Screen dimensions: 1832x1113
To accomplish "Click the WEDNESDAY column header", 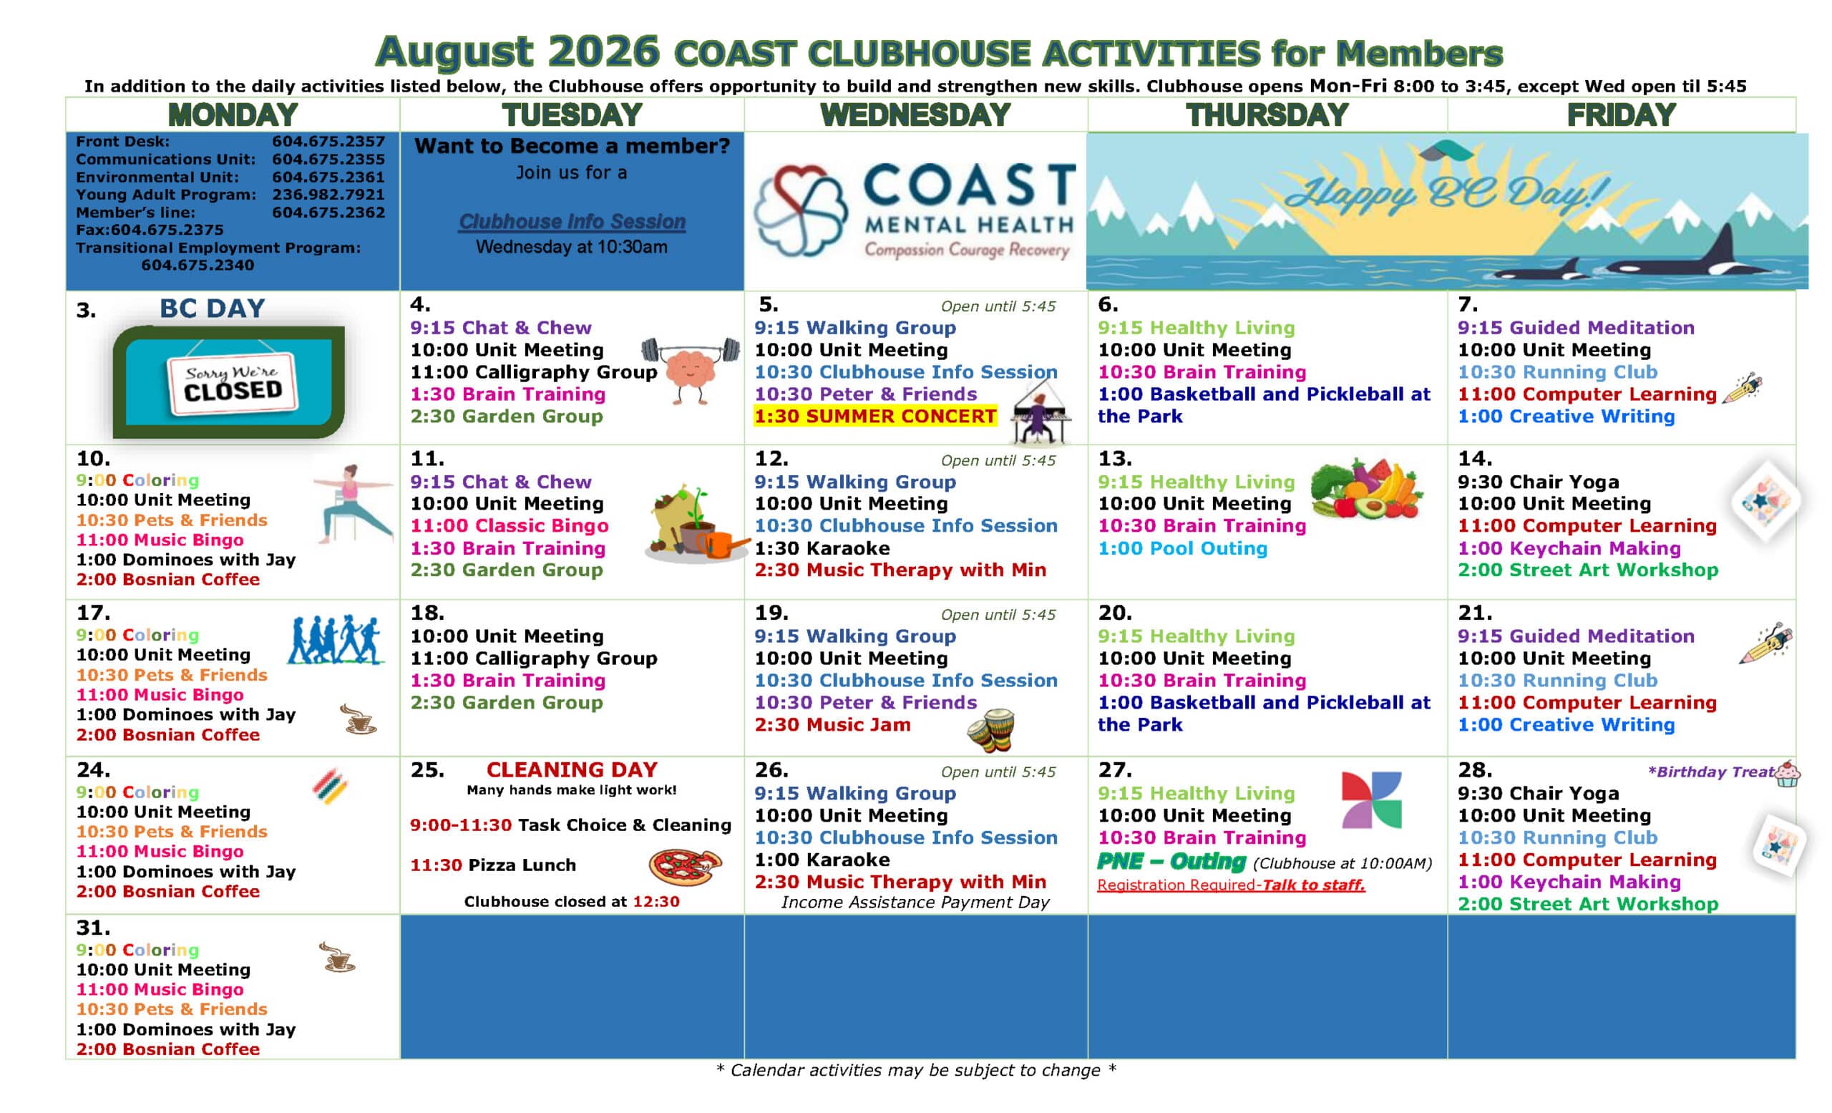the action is pos(915,115).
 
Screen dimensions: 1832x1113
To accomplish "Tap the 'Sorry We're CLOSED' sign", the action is pos(232,382).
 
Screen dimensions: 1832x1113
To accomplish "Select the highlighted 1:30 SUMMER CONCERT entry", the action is pos(875,417).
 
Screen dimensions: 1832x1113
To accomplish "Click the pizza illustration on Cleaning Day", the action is pos(685,867).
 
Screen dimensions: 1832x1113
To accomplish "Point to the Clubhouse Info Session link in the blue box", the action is pos(572,222).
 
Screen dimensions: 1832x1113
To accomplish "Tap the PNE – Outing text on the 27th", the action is pos(1171,862).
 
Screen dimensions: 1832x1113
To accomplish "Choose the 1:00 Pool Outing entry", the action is pos(1182,549).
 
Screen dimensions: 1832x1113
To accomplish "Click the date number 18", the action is pos(427,613).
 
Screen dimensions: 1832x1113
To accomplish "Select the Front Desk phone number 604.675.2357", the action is pos(328,141).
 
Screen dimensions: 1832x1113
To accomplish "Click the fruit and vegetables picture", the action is pos(1367,488).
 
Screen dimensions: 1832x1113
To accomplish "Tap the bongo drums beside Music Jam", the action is pos(991,730).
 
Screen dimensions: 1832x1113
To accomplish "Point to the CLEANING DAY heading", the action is pos(572,769).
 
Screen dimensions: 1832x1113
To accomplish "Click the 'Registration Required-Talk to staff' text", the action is pos(1230,885).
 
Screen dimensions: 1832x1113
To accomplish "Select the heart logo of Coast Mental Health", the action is pos(800,210).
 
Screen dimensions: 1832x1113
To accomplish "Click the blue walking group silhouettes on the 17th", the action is pos(336,640).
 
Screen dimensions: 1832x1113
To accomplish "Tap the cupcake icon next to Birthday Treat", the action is pos(1787,773).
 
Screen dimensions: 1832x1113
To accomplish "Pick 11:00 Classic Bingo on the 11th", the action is pos(510,526).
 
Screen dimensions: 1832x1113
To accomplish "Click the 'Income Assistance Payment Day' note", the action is pos(915,903).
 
